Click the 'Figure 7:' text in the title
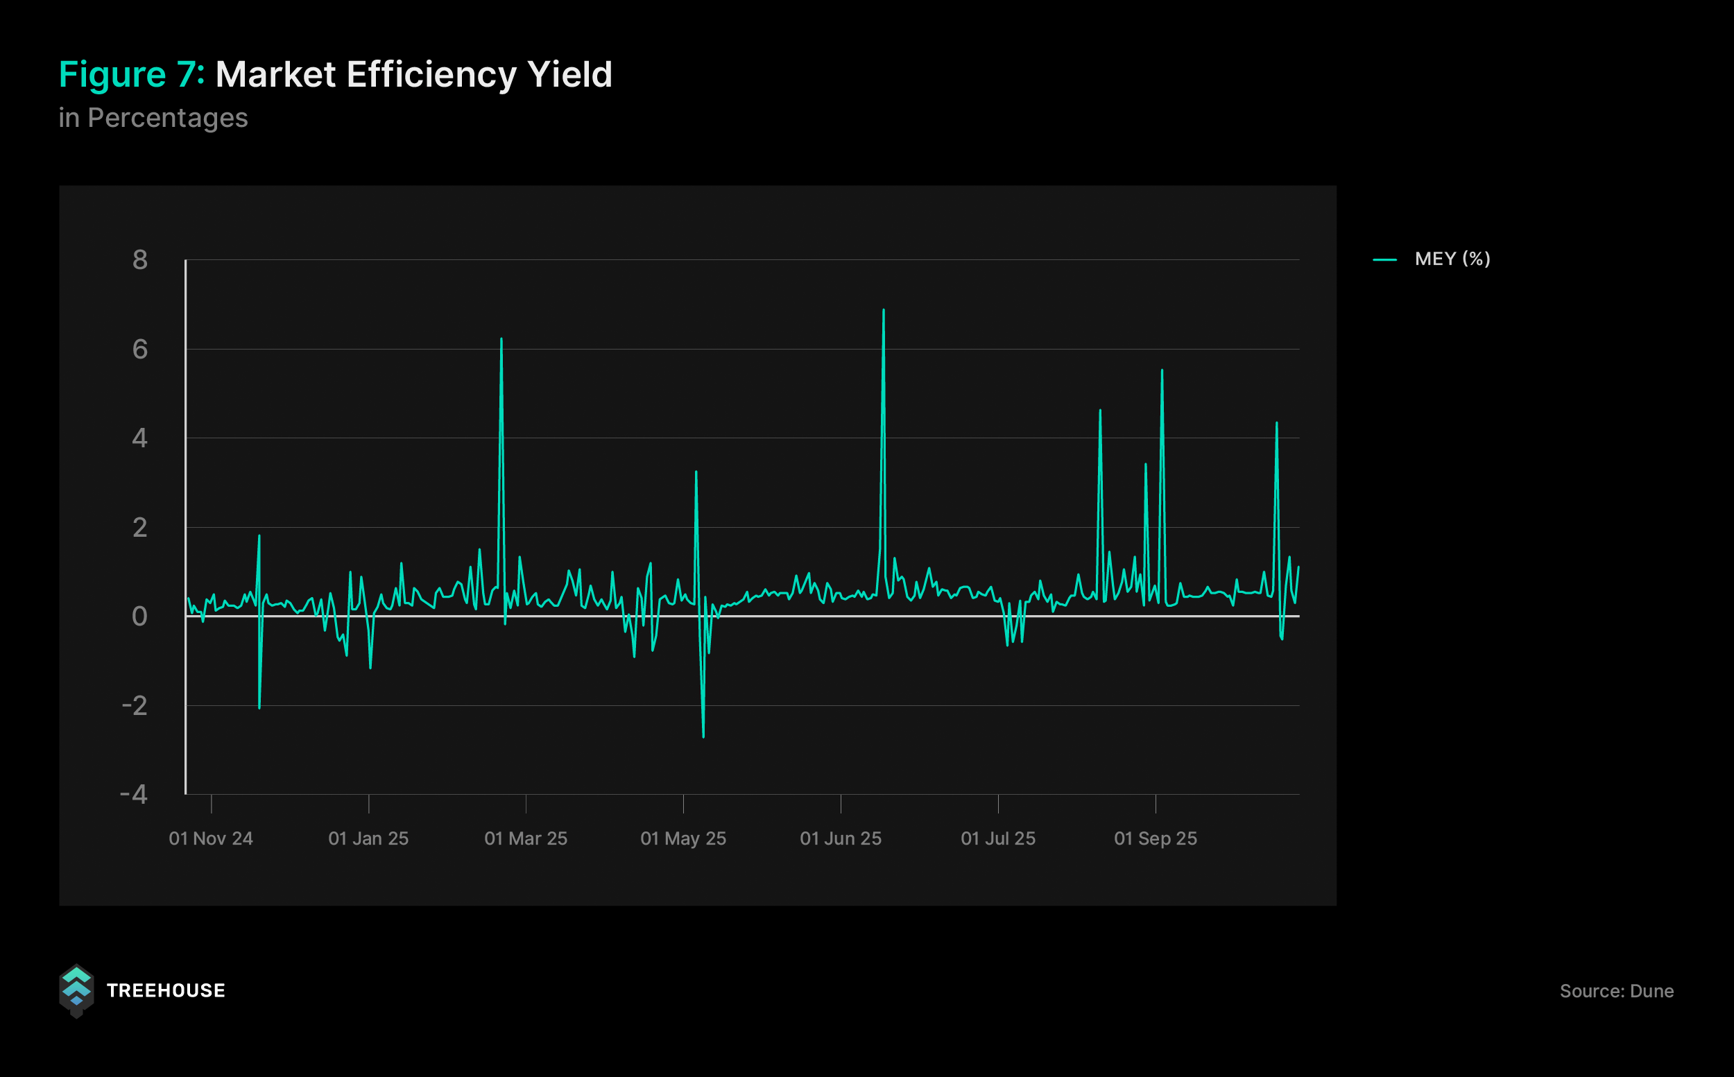pyautogui.click(x=131, y=75)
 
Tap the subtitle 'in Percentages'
pyautogui.click(x=153, y=117)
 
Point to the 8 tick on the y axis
pyautogui.click(x=139, y=260)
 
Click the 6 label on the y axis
pyautogui.click(x=139, y=349)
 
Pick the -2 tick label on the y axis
pyautogui.click(x=135, y=705)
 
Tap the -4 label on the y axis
pyautogui.click(x=134, y=794)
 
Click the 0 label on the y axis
pyautogui.click(x=139, y=616)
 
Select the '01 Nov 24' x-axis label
pyautogui.click(x=211, y=838)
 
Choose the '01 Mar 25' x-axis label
pyautogui.click(x=526, y=838)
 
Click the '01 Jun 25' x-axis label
pyautogui.click(x=841, y=838)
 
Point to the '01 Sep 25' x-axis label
pyautogui.click(x=1156, y=838)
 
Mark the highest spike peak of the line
pyautogui.click(x=884, y=310)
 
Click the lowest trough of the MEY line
pyautogui.click(x=703, y=736)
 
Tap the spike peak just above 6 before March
pyautogui.click(x=501, y=339)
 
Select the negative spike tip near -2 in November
pyautogui.click(x=259, y=708)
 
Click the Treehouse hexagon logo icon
pyautogui.click(x=76, y=990)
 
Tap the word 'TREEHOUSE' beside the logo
pyautogui.click(x=165, y=991)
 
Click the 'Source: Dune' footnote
pyautogui.click(x=1617, y=991)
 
